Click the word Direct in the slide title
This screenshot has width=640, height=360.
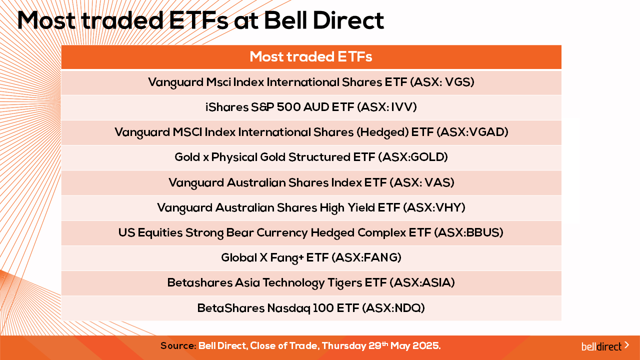point(348,20)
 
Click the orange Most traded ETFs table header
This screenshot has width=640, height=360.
point(311,57)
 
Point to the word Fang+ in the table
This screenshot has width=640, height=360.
point(286,258)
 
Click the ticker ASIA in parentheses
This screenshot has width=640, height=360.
point(436,282)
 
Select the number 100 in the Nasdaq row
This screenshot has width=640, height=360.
point(323,308)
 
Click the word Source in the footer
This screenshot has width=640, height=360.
point(177,346)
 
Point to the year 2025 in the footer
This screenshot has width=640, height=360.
point(425,346)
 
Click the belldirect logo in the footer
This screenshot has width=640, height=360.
point(605,346)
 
